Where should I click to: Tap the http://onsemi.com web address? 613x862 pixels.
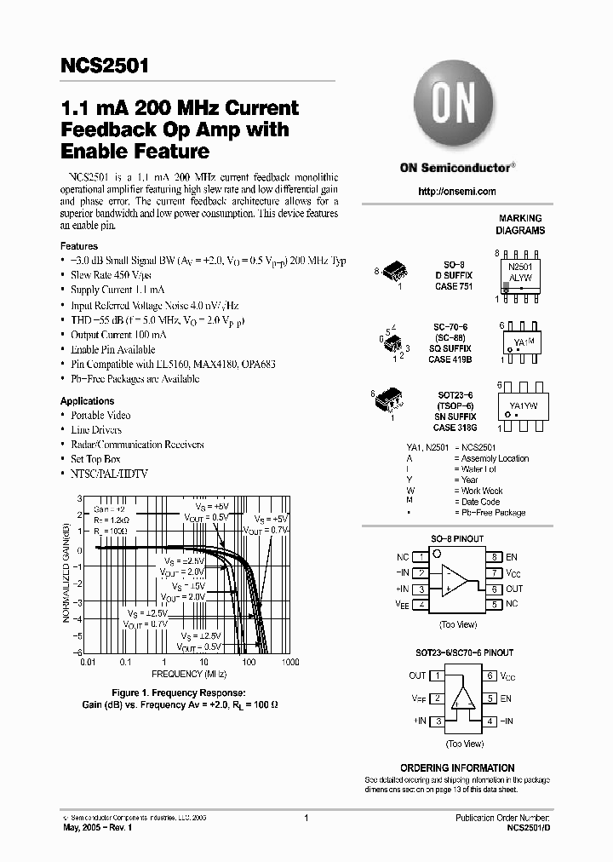[457, 192]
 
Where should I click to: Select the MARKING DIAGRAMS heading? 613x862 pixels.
[520, 225]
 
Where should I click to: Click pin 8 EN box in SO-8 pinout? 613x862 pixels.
[493, 557]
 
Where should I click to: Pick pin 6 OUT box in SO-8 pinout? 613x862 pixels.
[493, 589]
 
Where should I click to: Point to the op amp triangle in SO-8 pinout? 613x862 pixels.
[455, 579]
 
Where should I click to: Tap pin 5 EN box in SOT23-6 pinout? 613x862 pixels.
[491, 698]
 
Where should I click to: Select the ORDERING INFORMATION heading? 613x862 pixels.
[457, 767]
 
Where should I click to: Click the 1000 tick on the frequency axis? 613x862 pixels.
[290, 661]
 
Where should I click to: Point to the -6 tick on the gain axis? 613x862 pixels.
[77, 652]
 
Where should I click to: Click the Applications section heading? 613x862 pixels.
[87, 400]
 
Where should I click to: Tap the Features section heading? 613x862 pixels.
[78, 246]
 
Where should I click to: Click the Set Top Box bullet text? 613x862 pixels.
[95, 459]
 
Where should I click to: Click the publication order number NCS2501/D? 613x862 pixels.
[528, 827]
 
